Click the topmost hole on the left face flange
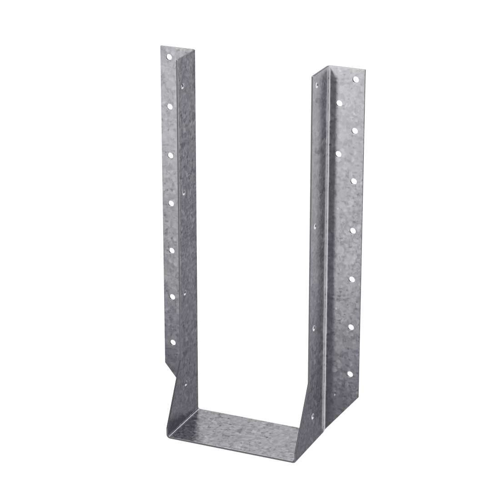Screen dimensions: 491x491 (x=169, y=57)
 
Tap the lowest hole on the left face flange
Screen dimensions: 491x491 (x=172, y=341)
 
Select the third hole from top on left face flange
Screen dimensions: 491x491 (x=170, y=155)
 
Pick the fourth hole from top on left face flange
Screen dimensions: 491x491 (x=171, y=202)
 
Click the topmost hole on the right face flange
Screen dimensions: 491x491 (x=356, y=79)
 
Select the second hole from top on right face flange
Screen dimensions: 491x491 (x=355, y=130)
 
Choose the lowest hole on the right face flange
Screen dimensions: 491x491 (x=350, y=375)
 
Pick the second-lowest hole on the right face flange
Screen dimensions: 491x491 (x=351, y=326)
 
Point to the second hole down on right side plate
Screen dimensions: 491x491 (x=339, y=153)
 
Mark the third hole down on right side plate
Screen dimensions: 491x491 (x=315, y=224)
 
